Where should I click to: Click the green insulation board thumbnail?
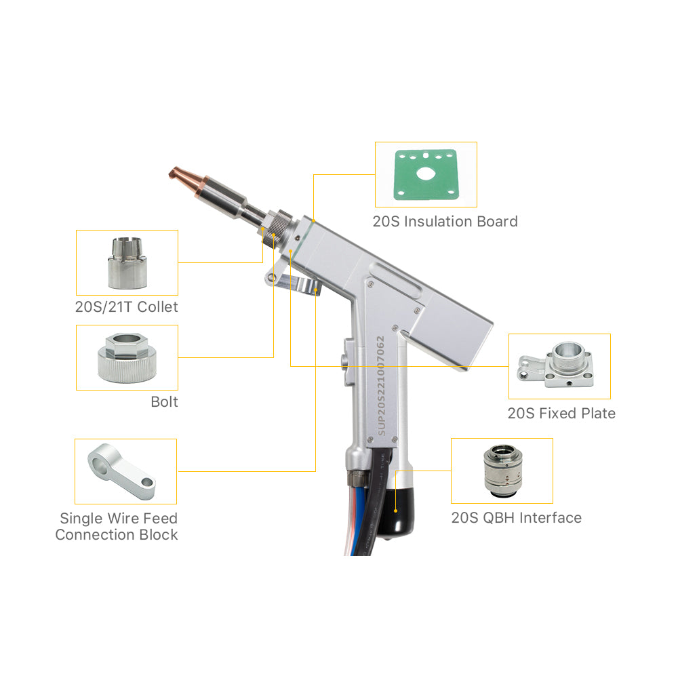click(426, 175)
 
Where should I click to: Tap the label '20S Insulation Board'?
click(445, 222)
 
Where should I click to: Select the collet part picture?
click(127, 263)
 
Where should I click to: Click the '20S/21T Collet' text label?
click(126, 306)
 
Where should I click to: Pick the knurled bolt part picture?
click(127, 357)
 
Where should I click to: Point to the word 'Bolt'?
click(164, 401)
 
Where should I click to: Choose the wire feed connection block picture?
click(122, 471)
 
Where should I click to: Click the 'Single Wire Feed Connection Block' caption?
click(117, 526)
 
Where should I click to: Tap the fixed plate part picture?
click(556, 365)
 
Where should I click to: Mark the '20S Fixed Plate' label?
click(561, 414)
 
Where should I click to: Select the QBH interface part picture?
click(503, 471)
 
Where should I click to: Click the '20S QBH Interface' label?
click(516, 517)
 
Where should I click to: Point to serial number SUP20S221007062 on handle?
click(380, 386)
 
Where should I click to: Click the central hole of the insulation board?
click(426, 174)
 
